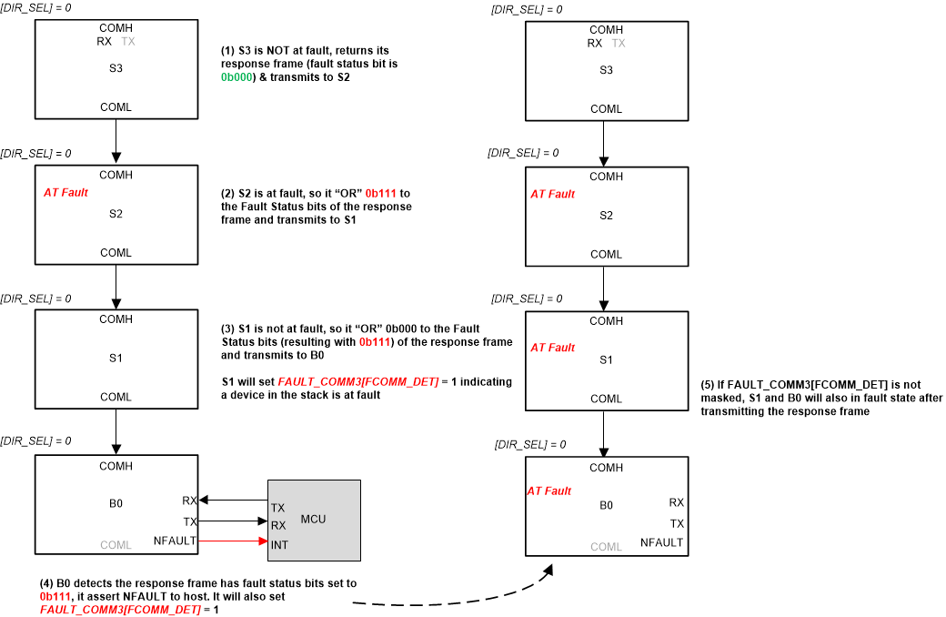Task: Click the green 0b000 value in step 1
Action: (x=235, y=79)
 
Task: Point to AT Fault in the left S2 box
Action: (x=65, y=193)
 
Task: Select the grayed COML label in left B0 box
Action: (x=116, y=545)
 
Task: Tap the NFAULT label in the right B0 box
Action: (x=661, y=542)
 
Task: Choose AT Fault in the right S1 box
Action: (x=552, y=348)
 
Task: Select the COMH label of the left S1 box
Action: (x=116, y=319)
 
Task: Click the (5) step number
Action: (x=709, y=385)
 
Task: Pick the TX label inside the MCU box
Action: (x=277, y=508)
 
